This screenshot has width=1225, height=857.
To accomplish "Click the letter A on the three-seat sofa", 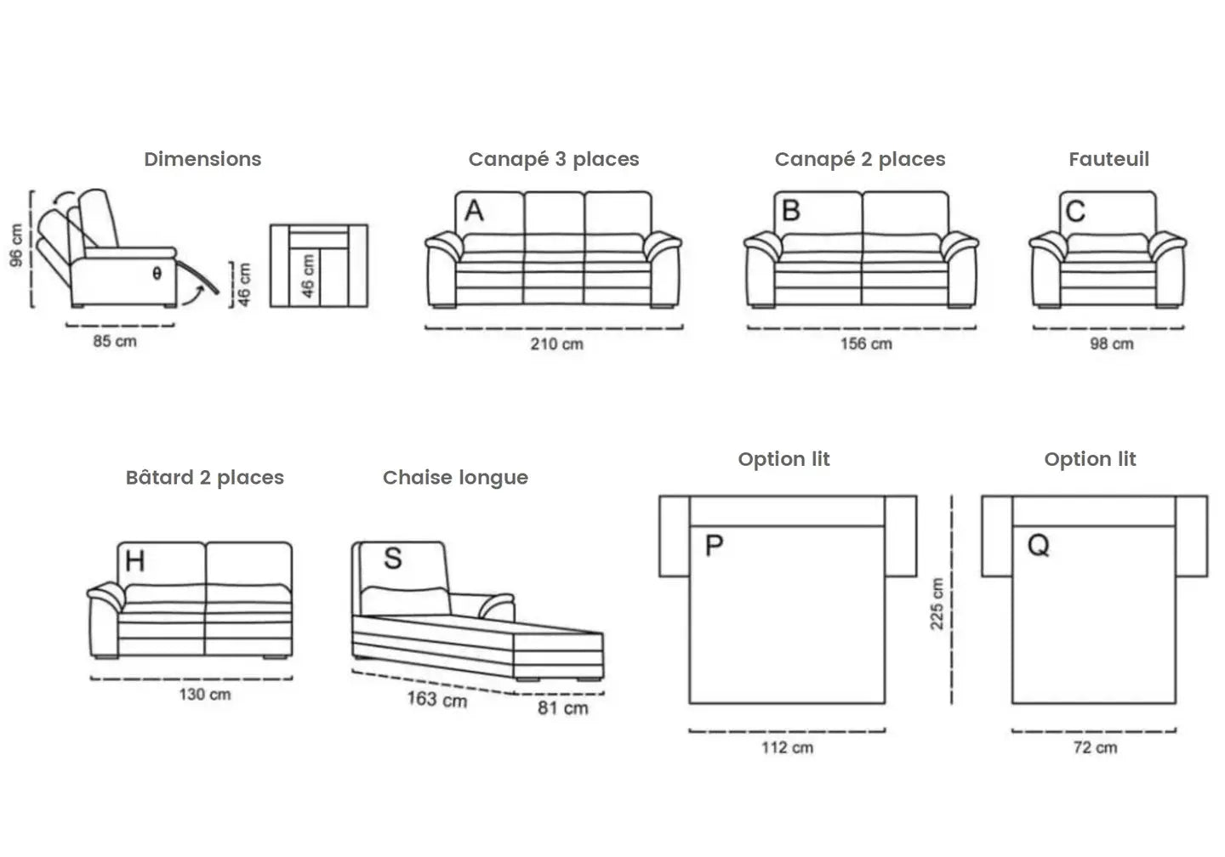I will tap(474, 210).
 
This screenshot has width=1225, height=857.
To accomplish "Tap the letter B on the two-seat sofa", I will tap(790, 210).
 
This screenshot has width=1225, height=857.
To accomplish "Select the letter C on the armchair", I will tap(1075, 211).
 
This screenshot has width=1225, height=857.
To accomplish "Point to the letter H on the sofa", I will tap(134, 561).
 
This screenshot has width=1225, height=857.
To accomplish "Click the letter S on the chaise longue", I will tap(392, 559).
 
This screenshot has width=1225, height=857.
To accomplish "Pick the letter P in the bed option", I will tap(715, 545).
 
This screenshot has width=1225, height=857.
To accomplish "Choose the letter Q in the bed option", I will tap(1039, 545).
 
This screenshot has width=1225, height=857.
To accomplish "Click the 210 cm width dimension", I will tap(557, 344).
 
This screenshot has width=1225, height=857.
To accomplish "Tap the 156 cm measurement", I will tap(866, 344).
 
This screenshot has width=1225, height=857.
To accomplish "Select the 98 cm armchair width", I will tap(1112, 344).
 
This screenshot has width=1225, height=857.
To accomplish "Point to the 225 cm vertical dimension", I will tap(937, 604).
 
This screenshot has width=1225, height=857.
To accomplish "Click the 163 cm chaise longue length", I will tap(436, 699).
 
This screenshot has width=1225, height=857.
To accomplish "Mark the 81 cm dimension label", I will tap(562, 707).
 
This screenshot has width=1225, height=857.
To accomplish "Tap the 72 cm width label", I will tap(1095, 748).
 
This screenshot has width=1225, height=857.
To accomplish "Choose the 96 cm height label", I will tap(16, 245).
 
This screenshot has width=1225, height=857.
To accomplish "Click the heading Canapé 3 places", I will tap(554, 159).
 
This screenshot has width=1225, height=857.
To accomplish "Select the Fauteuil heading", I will tap(1108, 159).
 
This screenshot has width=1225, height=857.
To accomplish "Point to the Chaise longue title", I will tap(455, 478).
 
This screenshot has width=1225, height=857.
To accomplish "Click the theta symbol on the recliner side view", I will tap(157, 274).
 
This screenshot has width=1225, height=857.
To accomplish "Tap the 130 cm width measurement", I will tap(204, 695).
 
